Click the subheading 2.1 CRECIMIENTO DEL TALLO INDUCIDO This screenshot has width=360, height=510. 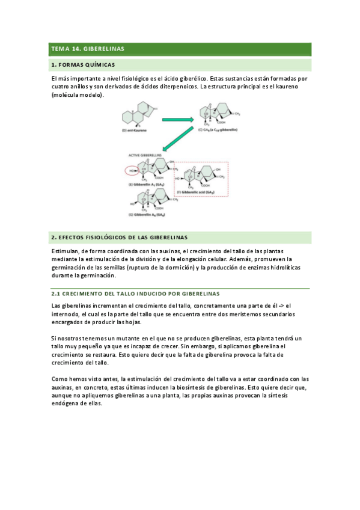[x=135, y=293]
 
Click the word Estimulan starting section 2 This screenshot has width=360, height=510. [x=66, y=250]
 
